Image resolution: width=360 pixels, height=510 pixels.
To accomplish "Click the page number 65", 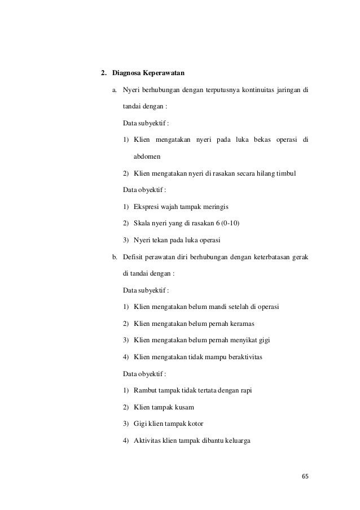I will click(x=305, y=476).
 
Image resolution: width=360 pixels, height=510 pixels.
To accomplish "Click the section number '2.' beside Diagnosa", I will click(x=104, y=73).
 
